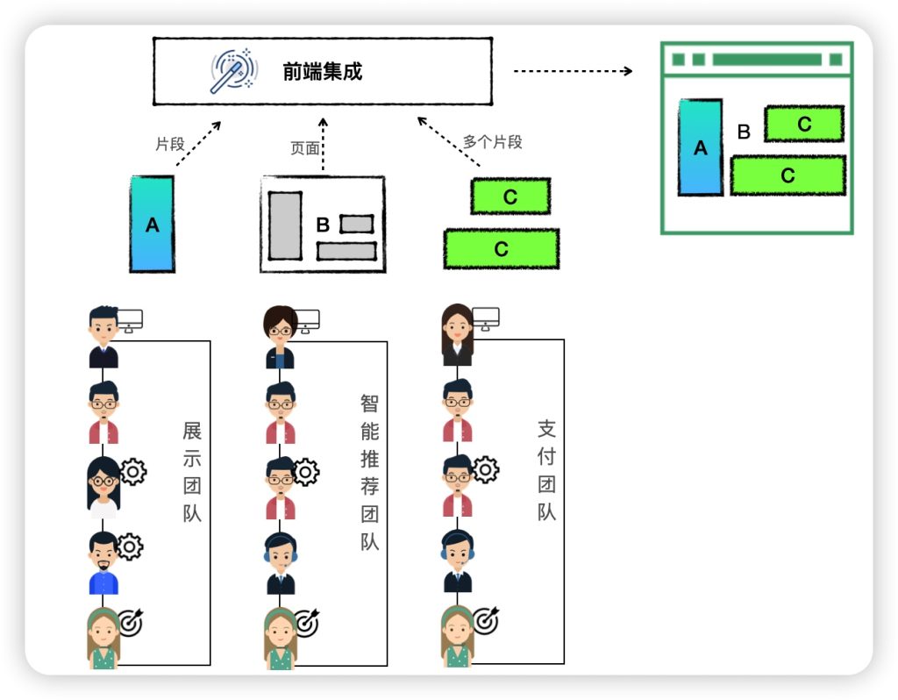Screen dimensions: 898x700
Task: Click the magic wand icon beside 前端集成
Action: (x=233, y=71)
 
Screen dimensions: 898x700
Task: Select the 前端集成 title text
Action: (x=323, y=72)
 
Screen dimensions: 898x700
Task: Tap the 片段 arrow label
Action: (x=170, y=144)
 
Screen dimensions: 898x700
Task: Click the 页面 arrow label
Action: (x=304, y=148)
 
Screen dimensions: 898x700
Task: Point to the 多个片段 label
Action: (x=493, y=142)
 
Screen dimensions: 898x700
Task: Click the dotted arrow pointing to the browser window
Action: (x=573, y=71)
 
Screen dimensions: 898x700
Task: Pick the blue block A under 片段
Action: (x=153, y=224)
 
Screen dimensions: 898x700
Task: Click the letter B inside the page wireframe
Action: (x=323, y=225)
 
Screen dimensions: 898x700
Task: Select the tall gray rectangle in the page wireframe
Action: (x=285, y=225)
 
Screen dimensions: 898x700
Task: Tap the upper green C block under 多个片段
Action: (x=510, y=196)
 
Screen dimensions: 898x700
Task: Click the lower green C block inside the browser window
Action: (x=788, y=175)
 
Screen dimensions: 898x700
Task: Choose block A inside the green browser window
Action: (x=701, y=147)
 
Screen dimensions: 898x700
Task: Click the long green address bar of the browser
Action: (x=766, y=60)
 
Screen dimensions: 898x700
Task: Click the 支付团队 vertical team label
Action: (x=547, y=470)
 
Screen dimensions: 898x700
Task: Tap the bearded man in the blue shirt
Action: (x=103, y=563)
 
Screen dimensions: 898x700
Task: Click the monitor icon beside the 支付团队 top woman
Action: (x=486, y=319)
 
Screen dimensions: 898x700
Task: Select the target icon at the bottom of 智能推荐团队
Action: (x=306, y=623)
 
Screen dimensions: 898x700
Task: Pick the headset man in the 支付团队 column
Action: (x=457, y=561)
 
